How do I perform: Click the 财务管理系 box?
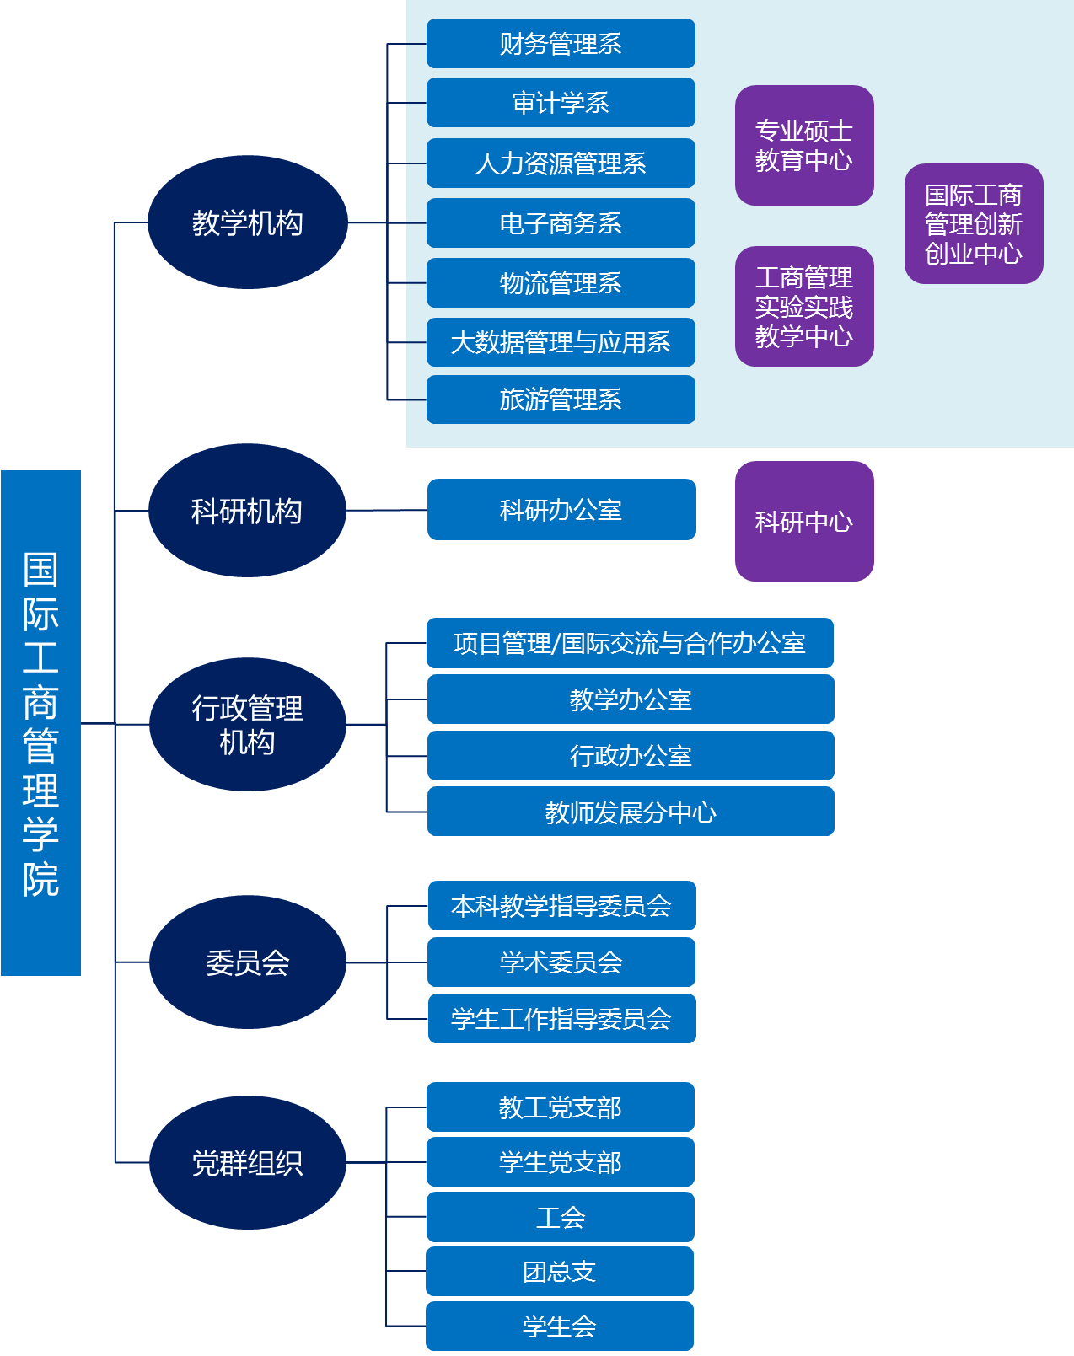[561, 43]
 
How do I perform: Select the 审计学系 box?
[561, 103]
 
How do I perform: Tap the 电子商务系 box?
[561, 223]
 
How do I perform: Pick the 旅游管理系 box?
[561, 399]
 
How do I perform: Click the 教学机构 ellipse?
[247, 222]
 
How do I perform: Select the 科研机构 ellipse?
[247, 511]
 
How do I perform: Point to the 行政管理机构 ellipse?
[247, 725]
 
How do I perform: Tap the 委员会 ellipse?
[247, 962]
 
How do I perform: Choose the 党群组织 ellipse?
[247, 1163]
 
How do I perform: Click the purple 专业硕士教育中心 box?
[804, 145]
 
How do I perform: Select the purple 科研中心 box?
[804, 522]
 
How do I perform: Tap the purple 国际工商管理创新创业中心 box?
[974, 224]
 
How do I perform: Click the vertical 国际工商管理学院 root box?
[40, 723]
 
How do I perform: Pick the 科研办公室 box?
[561, 510]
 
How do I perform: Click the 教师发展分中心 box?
[631, 812]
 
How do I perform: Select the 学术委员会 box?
[561, 962]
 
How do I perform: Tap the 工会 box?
[561, 1217]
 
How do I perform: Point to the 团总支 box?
[560, 1272]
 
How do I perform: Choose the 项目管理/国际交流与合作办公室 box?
[630, 643]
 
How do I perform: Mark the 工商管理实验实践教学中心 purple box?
[804, 307]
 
